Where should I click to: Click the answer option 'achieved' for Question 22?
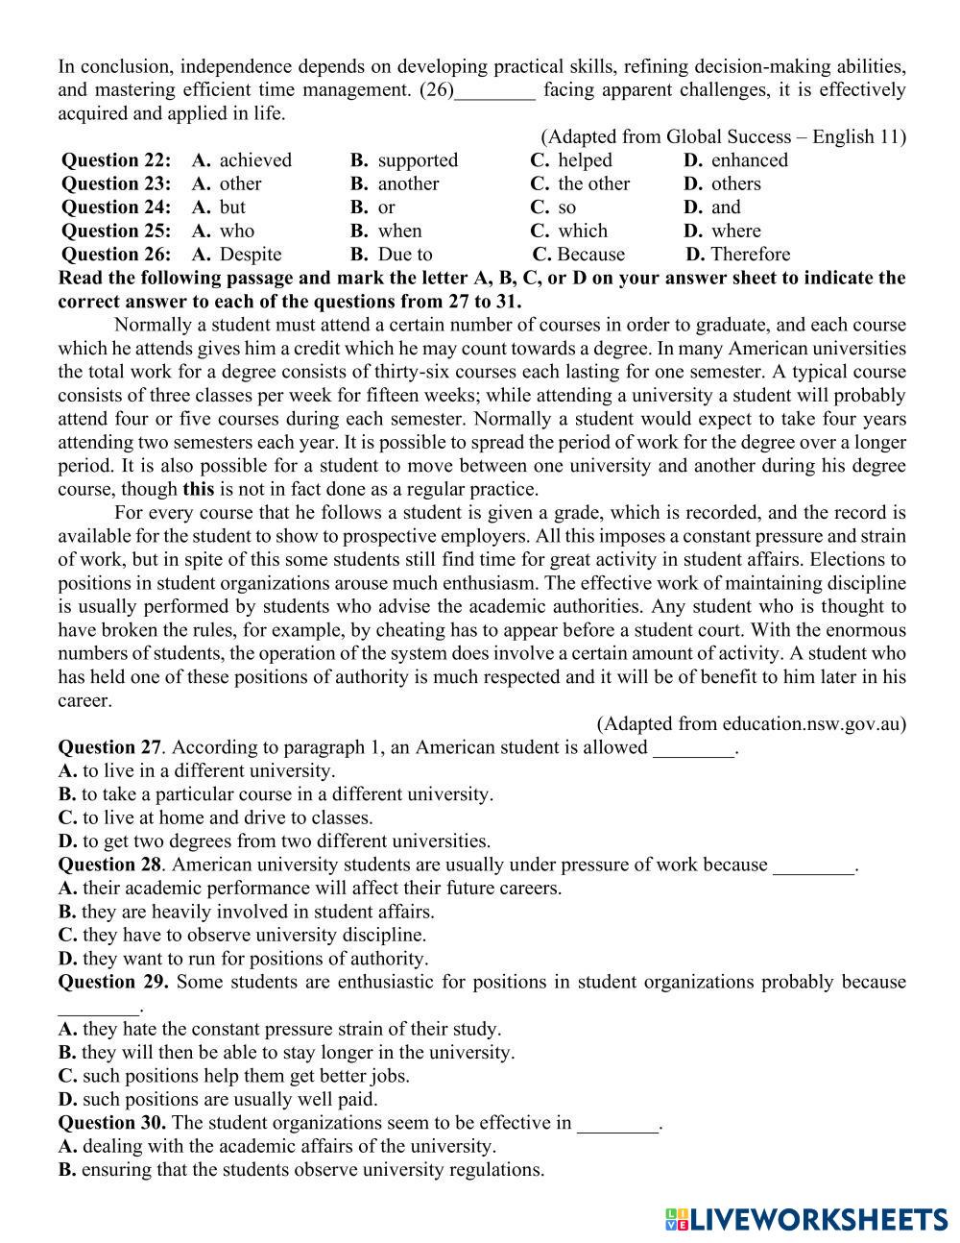click(255, 160)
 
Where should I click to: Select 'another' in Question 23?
click(408, 183)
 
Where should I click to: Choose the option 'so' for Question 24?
click(567, 207)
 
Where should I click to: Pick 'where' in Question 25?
click(736, 231)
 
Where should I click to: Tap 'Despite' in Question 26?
click(251, 255)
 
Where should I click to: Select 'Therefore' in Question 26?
click(751, 255)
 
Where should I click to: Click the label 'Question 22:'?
click(116, 160)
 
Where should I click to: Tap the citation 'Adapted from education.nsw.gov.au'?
click(751, 723)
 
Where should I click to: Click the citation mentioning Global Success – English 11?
click(723, 136)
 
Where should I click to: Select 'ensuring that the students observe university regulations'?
click(301, 1170)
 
